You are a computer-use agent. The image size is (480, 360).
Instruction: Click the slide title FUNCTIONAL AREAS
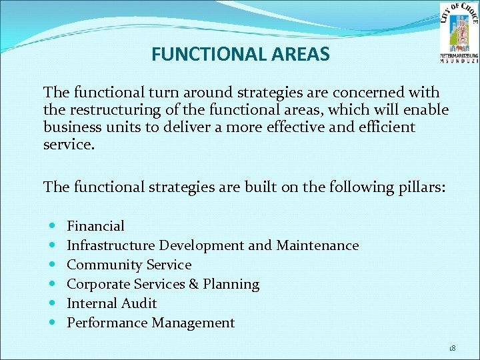pos(240,54)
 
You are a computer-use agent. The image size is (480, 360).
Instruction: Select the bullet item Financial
pos(95,226)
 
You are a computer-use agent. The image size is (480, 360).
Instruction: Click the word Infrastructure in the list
pos(112,245)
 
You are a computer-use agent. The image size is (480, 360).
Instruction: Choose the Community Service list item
pos(129,265)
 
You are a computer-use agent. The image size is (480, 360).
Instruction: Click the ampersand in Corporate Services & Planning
pos(194,284)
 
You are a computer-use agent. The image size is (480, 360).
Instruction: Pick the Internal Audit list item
pos(111,303)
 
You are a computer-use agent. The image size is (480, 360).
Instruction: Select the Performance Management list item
pos(151,323)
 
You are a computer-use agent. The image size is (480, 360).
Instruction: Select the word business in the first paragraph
pos(69,127)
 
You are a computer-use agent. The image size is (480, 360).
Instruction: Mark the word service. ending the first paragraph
pos(69,144)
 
